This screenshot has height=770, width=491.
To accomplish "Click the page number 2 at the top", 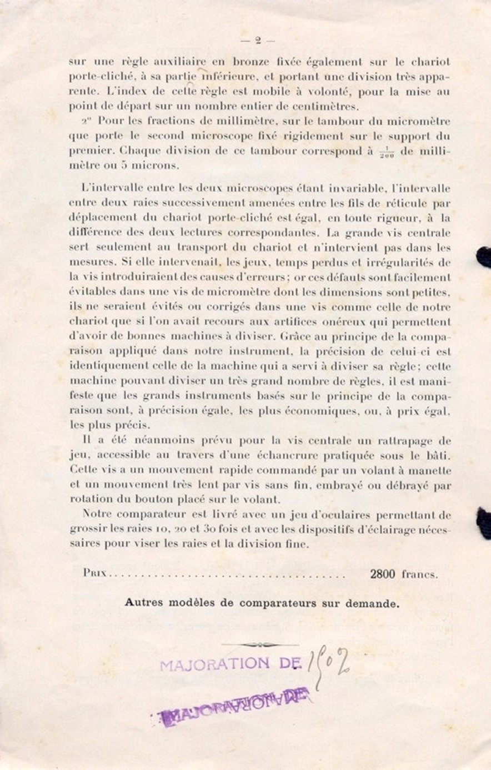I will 258,39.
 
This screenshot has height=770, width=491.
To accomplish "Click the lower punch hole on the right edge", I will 484,522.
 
